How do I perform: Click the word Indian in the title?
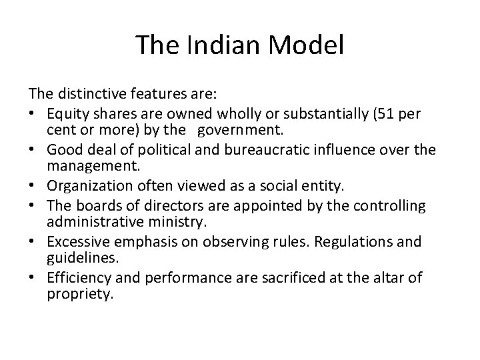coord(219,46)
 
